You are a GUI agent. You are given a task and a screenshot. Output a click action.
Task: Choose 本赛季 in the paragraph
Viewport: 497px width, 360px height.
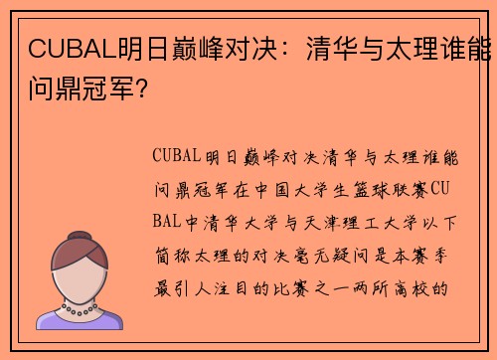[x=430, y=253]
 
